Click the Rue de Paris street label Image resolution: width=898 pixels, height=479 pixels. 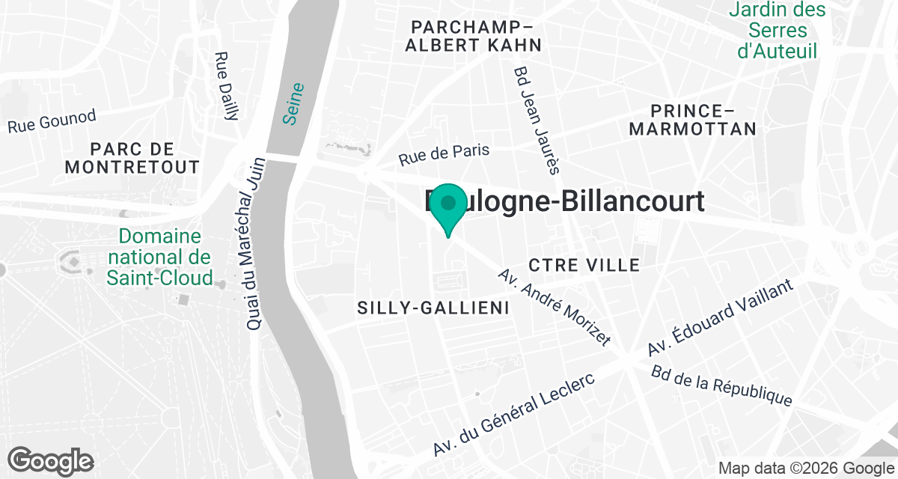(x=444, y=154)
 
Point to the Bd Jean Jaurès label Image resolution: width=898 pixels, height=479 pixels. (x=536, y=120)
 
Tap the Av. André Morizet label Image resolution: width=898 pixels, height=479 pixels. (x=554, y=306)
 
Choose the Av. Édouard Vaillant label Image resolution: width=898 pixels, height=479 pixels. (x=721, y=319)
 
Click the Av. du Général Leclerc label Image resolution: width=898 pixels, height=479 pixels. (x=513, y=415)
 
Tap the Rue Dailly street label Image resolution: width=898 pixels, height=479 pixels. (x=226, y=86)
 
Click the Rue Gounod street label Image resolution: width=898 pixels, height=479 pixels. (x=52, y=121)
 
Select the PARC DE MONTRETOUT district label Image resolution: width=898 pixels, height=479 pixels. (x=132, y=157)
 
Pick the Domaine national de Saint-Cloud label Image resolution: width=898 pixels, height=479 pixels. (x=159, y=257)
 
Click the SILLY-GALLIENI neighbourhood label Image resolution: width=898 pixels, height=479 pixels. (x=433, y=308)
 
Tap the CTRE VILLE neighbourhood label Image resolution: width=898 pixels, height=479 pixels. (x=584, y=265)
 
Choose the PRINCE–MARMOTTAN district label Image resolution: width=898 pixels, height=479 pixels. (x=692, y=119)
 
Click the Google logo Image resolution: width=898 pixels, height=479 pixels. (x=51, y=460)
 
